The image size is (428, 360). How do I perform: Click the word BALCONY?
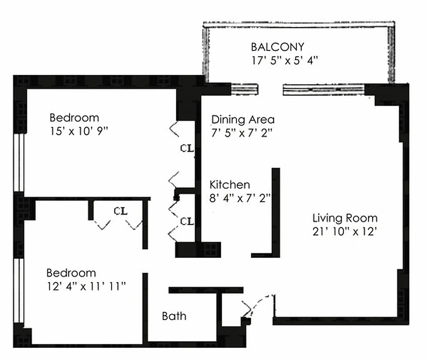(277, 47)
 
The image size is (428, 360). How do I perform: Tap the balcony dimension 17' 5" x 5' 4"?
(285, 60)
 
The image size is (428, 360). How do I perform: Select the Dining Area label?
(243, 120)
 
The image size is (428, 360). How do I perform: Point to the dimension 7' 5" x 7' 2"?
(242, 133)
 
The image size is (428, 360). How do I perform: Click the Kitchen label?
(230, 185)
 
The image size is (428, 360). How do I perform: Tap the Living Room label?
(345, 218)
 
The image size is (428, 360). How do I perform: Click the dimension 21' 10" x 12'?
(345, 232)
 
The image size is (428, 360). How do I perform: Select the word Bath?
(174, 316)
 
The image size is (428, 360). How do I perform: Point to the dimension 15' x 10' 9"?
(79, 131)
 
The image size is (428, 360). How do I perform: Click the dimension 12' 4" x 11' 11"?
(86, 287)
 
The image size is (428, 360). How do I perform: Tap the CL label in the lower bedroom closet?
(120, 211)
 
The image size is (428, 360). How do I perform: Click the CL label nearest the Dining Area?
(187, 148)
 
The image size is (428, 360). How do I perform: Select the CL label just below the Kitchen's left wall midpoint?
(187, 221)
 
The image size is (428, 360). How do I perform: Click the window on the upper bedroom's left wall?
(19, 162)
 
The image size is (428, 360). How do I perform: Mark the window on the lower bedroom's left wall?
(19, 291)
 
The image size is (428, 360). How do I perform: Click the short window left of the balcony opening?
(245, 89)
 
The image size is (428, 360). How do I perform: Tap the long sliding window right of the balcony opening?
(324, 90)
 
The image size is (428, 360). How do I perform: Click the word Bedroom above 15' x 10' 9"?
(74, 118)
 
